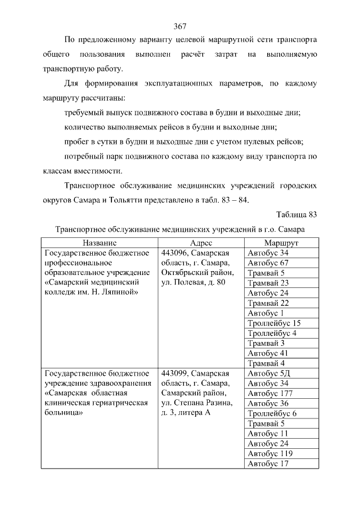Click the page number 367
click(180, 26)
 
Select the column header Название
click(99, 242)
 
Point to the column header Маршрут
click(281, 242)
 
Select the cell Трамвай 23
click(268, 283)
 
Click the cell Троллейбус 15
click(274, 323)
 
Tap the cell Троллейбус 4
click(272, 333)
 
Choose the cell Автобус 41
click(268, 353)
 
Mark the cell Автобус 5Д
click(268, 373)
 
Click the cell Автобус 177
click(270, 393)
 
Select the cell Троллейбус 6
click(272, 413)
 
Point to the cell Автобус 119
click(270, 453)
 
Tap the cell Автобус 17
click(268, 463)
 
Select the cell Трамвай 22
click(268, 303)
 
